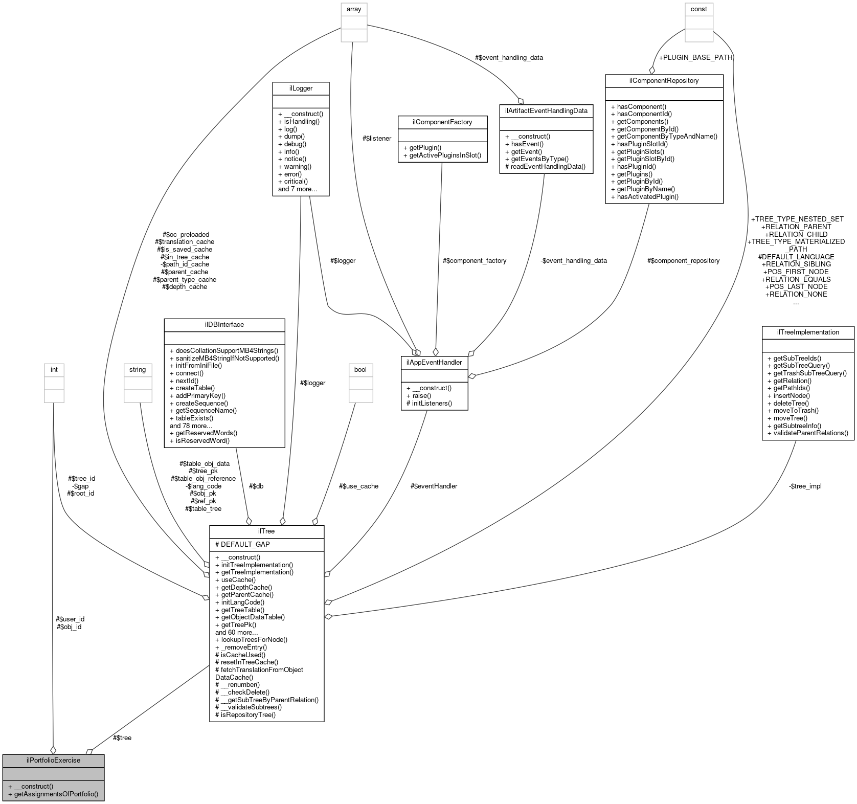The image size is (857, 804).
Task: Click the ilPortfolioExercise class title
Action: click(x=53, y=760)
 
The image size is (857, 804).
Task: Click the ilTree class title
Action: click(x=266, y=531)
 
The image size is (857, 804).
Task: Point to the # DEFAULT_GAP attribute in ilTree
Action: click(x=242, y=544)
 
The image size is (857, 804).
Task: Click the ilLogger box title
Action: click(x=301, y=88)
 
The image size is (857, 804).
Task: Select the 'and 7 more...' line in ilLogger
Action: click(x=297, y=189)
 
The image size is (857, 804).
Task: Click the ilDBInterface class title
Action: click(x=224, y=324)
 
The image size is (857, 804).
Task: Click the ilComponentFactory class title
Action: click(x=442, y=122)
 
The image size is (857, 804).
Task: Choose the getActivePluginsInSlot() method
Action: click(x=442, y=155)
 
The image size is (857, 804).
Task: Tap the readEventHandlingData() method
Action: click(x=545, y=166)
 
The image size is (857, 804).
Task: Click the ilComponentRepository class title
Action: click(x=664, y=80)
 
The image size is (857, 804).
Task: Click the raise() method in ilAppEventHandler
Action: click(x=418, y=395)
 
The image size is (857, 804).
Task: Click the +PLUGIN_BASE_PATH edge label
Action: click(x=695, y=57)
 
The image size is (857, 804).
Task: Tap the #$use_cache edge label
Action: click(x=358, y=486)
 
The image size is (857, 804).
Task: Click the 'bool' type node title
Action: click(x=360, y=369)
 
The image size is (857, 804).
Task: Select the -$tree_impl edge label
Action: click(x=805, y=486)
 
